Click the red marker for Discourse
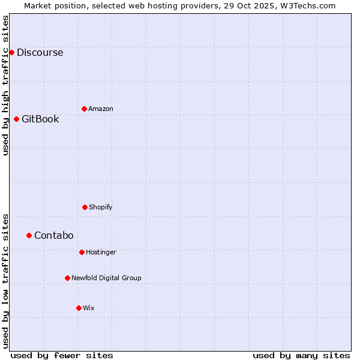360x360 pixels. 11,52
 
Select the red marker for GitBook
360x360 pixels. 16,119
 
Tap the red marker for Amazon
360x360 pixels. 84,109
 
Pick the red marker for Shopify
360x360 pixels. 85,207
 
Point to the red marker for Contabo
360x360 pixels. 29,235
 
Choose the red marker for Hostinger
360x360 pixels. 82,252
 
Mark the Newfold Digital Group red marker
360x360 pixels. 67,278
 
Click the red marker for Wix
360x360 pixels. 79,308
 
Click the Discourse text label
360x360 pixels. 40,52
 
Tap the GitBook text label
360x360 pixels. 40,119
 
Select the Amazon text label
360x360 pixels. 101,109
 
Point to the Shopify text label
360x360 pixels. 101,207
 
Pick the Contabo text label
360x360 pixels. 53,235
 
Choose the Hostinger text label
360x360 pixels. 101,252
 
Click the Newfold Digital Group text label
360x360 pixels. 106,278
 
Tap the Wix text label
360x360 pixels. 89,308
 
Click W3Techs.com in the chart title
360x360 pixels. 308,5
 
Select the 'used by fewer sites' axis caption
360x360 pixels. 62,355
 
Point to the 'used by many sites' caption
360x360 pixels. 301,355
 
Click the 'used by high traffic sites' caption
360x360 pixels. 5,85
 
